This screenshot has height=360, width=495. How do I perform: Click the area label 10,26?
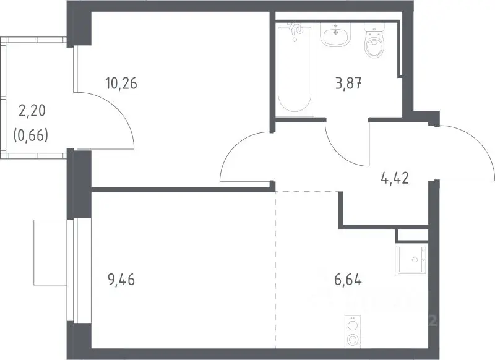[x=121, y=84]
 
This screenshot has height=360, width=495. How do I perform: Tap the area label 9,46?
[x=121, y=280]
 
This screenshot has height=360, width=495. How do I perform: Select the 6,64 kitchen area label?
[x=348, y=280]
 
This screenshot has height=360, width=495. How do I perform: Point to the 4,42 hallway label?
[x=395, y=178]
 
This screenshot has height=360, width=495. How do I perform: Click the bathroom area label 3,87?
[x=348, y=84]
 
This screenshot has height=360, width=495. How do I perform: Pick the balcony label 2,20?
[x=32, y=111]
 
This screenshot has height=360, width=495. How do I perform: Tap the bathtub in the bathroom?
[x=295, y=69]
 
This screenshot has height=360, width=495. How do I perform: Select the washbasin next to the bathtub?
[x=335, y=34]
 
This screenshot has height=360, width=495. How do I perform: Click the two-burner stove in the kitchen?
[x=352, y=331]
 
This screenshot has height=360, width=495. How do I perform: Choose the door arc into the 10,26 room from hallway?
[x=235, y=146]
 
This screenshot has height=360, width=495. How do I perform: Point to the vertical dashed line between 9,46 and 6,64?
[x=275, y=270]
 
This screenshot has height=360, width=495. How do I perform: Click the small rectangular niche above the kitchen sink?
[x=412, y=236]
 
